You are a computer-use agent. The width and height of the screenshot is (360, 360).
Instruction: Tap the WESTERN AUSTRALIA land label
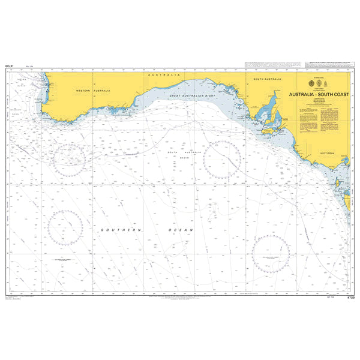pos(93,90)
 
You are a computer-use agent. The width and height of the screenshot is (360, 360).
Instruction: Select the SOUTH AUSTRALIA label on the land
pos(267,79)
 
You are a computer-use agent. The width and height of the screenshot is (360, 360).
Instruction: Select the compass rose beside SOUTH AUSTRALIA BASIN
pos(222,159)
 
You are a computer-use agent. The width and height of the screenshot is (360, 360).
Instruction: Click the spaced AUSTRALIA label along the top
pos(161,74)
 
